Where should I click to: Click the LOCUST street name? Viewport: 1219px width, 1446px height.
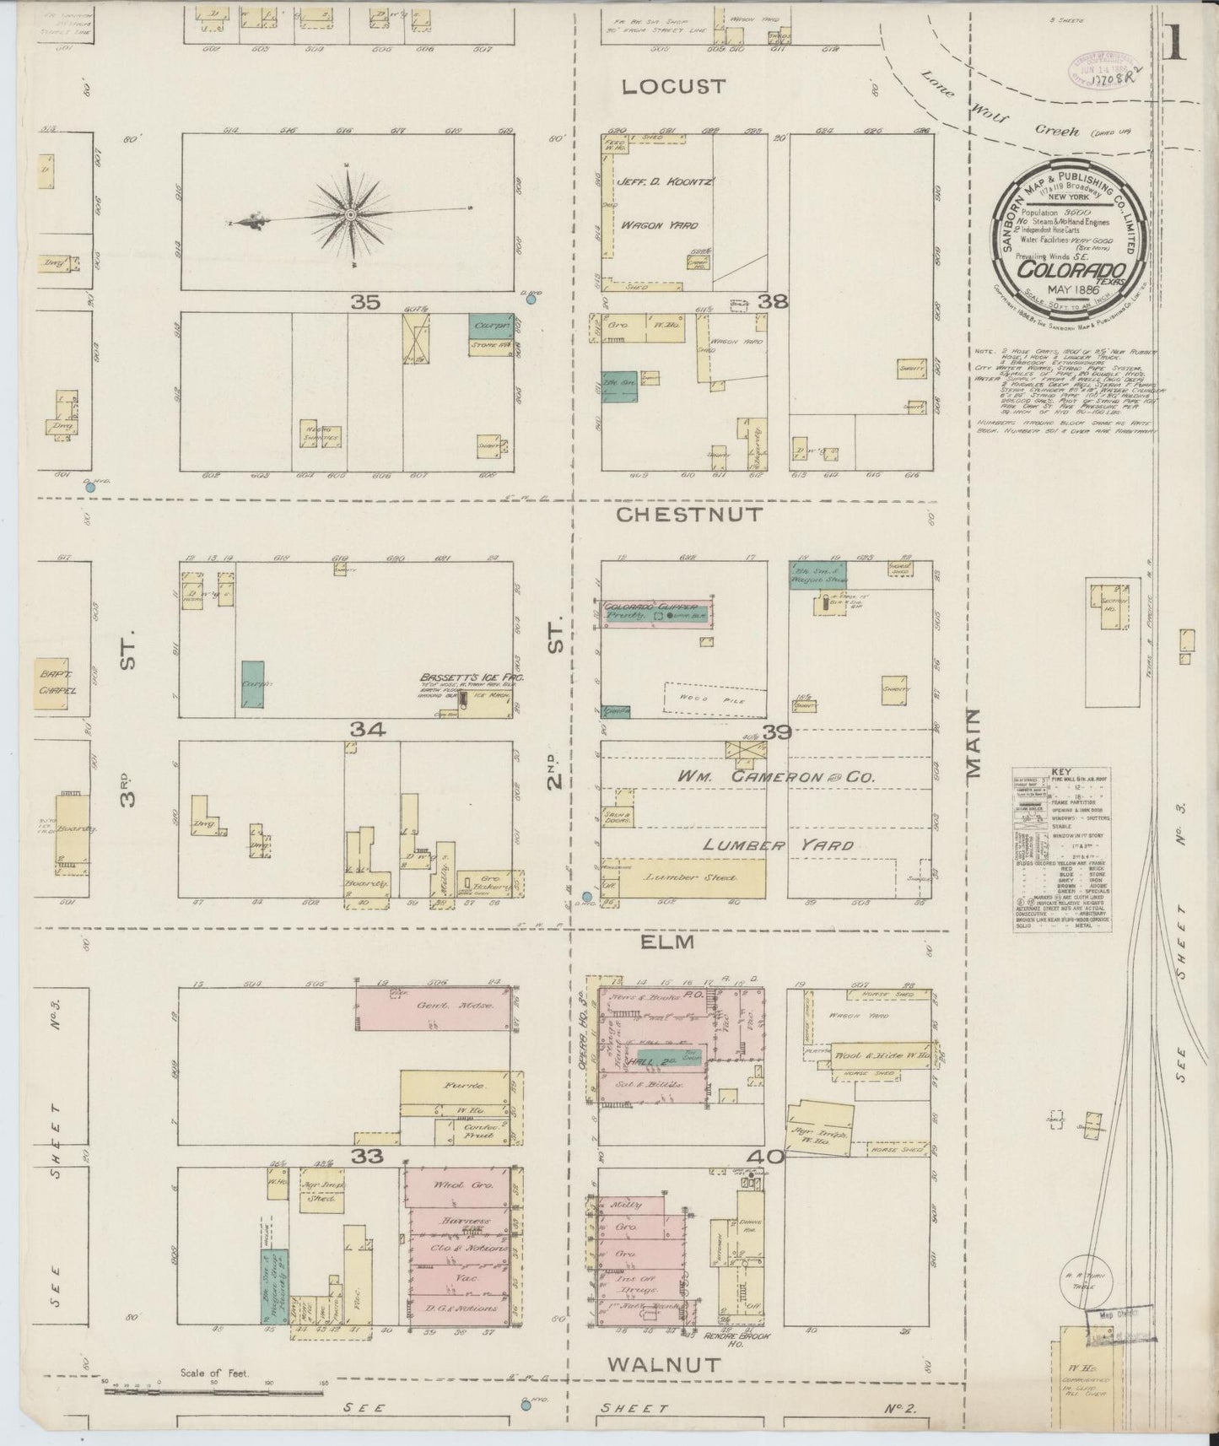click(674, 86)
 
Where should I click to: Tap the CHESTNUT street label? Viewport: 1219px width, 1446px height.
click(689, 514)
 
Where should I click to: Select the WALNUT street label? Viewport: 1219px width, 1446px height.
click(665, 1364)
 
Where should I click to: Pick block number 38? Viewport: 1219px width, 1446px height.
click(773, 301)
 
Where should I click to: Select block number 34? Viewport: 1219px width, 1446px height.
click(368, 730)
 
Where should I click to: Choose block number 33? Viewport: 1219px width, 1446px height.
click(368, 1157)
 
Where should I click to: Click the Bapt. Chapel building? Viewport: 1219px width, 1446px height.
click(57, 682)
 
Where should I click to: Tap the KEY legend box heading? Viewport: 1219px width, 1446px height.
click(1062, 772)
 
